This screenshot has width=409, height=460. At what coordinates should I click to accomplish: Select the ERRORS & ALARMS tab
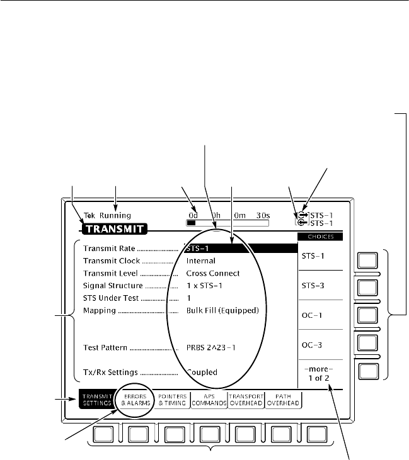(134, 399)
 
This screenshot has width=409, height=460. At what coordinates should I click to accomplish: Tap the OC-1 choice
(321, 315)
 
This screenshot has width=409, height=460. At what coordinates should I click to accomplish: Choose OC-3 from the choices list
(321, 344)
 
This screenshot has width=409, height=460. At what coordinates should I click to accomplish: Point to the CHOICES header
(321, 237)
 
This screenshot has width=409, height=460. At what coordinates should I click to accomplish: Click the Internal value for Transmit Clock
(200, 261)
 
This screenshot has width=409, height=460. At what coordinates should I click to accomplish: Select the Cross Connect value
(212, 273)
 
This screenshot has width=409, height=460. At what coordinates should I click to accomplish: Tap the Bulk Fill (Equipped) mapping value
(222, 311)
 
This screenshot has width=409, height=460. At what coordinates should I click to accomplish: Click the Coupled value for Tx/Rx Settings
(202, 372)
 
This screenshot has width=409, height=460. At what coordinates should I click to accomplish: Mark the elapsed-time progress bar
(228, 222)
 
